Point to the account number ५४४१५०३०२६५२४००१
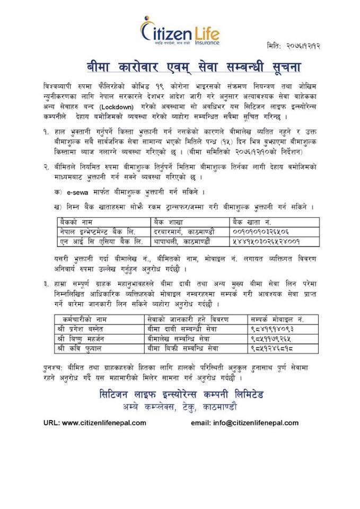coord(267,241)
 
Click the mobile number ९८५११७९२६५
coord(272,339)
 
